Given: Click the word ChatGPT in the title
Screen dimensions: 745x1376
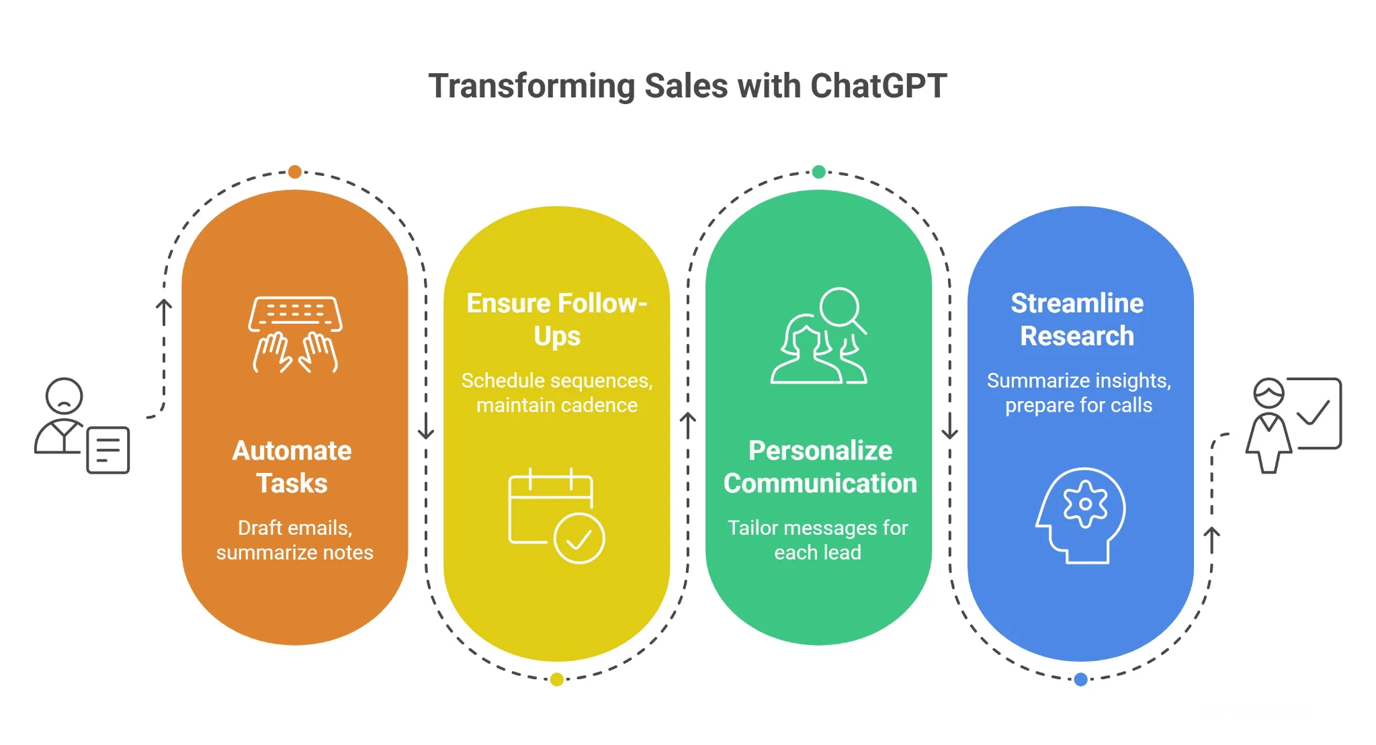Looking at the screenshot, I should pyautogui.click(x=878, y=86).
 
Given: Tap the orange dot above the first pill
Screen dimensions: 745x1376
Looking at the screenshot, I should pyautogui.click(x=294, y=172).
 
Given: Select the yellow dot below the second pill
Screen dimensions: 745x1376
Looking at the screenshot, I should pyautogui.click(x=556, y=679).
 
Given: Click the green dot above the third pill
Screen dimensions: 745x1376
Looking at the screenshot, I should pyautogui.click(x=818, y=172).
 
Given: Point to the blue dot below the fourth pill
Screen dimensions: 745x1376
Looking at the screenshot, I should pyautogui.click(x=1080, y=679).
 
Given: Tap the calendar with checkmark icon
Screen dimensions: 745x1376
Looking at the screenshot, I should pyautogui.click(x=556, y=516).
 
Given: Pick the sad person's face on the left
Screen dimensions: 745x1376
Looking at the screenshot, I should pyautogui.click(x=64, y=396).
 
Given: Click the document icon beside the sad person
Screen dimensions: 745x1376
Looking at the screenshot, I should pyautogui.click(x=107, y=449).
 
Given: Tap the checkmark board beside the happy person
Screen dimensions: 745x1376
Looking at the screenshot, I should pyautogui.click(x=1317, y=412).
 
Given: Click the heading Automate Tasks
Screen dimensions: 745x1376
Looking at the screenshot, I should pyautogui.click(x=292, y=467).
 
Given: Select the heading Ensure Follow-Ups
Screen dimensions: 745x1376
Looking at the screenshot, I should pyautogui.click(x=557, y=320).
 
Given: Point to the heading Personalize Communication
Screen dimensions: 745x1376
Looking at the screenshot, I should pyautogui.click(x=820, y=467).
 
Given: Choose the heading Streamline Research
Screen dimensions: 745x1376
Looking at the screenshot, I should pyautogui.click(x=1077, y=320).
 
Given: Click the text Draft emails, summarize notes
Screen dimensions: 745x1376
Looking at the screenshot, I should pyautogui.click(x=295, y=540).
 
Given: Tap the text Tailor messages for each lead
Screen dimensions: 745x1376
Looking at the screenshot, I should pyautogui.click(x=818, y=540).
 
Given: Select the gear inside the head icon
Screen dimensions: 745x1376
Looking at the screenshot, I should pyautogui.click(x=1084, y=504).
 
